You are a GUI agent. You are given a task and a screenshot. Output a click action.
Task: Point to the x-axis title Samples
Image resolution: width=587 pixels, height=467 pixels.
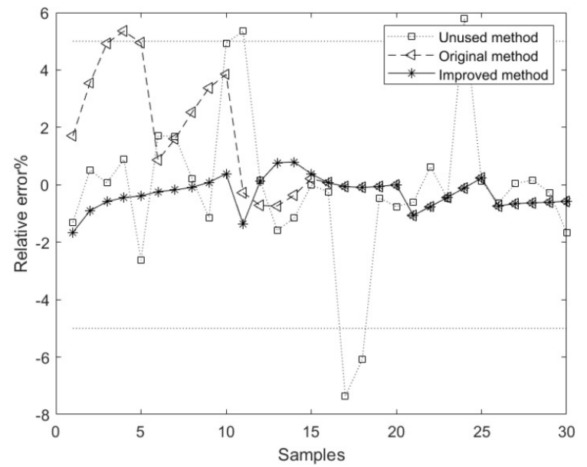(311, 453)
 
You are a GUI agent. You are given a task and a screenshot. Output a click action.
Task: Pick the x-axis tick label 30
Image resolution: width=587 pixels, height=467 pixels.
(566, 431)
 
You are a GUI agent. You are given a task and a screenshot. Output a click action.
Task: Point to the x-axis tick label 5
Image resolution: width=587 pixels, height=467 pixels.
(141, 431)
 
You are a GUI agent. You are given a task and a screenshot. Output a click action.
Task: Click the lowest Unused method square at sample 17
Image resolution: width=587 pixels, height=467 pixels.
(346, 396)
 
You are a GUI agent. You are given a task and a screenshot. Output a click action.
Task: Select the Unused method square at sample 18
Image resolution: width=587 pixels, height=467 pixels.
(362, 359)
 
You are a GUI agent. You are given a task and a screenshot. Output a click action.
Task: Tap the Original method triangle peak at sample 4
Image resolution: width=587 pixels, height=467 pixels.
(123, 31)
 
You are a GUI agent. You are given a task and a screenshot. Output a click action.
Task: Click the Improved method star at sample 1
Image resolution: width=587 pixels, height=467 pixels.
(73, 233)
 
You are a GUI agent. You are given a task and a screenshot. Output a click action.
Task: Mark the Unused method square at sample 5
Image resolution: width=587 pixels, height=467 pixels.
(141, 260)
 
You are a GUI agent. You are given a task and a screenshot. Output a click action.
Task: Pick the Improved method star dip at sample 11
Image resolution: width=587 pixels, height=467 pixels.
(243, 224)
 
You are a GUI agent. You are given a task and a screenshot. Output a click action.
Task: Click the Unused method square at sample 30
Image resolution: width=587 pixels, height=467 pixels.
(566, 233)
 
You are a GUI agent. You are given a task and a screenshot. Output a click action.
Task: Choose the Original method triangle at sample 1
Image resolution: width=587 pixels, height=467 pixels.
(73, 136)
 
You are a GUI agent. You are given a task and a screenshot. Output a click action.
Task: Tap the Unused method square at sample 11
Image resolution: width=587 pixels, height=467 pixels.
(243, 31)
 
